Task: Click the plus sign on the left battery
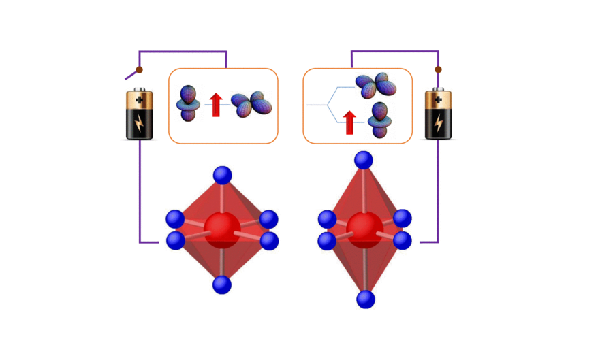tap(140, 100)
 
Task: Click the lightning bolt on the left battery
tap(140, 125)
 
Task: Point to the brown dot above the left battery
tap(140, 69)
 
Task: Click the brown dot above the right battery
tap(438, 69)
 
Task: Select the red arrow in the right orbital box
tap(349, 122)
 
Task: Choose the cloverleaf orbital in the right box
tap(375, 86)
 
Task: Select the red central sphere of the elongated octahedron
tap(364, 227)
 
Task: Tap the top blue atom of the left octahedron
tap(222, 175)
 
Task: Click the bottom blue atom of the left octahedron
tap(222, 284)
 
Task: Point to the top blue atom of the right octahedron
tap(364, 161)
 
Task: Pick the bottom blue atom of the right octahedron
tap(366, 299)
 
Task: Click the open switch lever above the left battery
tap(131, 75)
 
